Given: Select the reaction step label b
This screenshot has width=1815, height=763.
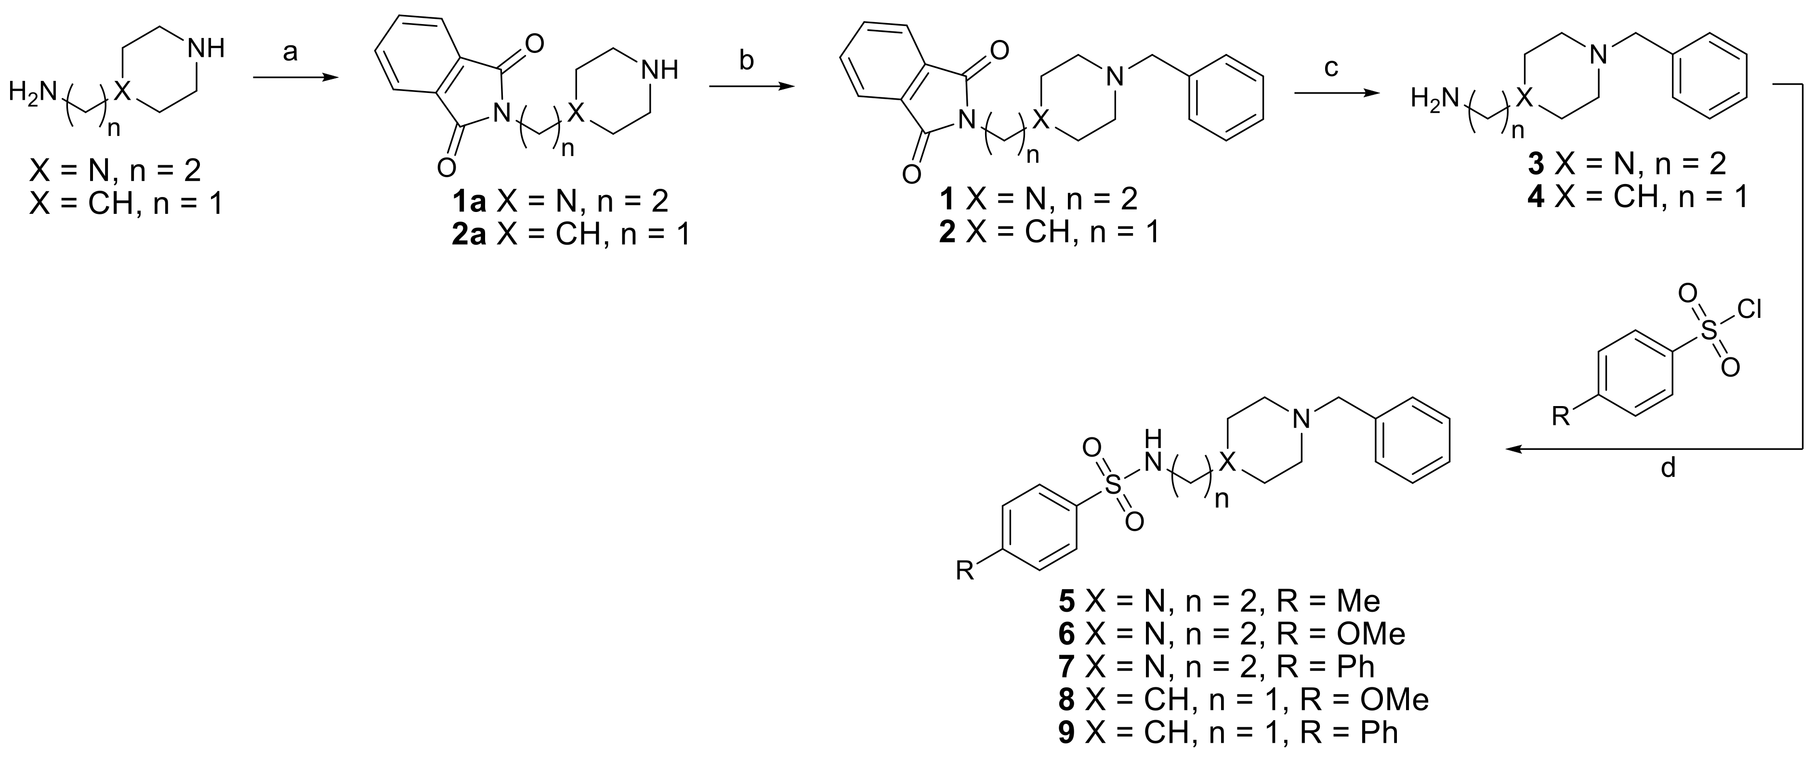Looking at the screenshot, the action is pyautogui.click(x=746, y=61).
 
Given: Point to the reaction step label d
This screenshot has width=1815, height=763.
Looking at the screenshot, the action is pyautogui.click(x=1668, y=468).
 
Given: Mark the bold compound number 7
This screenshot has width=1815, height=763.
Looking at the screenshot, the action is pyautogui.click(x=1067, y=667).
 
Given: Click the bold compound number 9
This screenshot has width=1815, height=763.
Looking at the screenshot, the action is pyautogui.click(x=1067, y=733).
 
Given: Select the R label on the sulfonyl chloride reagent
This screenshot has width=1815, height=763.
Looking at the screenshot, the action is pyautogui.click(x=1561, y=418).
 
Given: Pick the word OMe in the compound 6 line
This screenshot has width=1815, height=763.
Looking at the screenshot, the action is pyautogui.click(x=1370, y=634).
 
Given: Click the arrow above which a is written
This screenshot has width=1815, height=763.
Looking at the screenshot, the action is pyautogui.click(x=290, y=78).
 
